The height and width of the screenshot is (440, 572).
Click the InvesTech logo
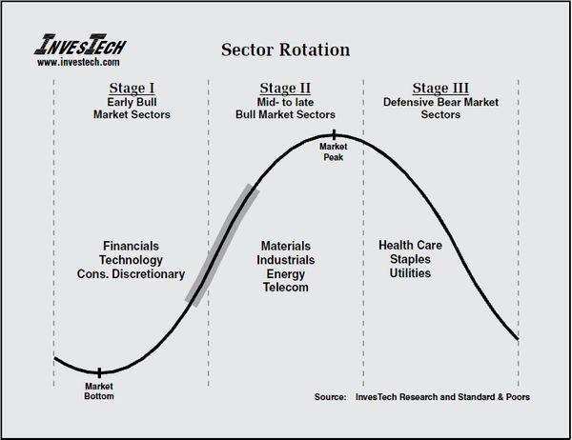pyautogui.click(x=80, y=45)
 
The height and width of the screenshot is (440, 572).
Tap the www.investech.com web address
pyautogui.click(x=78, y=62)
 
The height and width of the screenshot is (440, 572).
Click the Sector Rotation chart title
pyautogui.click(x=286, y=50)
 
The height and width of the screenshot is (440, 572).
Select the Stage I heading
pyautogui.click(x=132, y=89)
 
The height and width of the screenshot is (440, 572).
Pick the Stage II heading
pyautogui.click(x=285, y=89)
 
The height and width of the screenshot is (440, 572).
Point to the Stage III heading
pyautogui.click(x=440, y=89)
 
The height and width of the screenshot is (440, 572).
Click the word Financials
pyautogui.click(x=131, y=246)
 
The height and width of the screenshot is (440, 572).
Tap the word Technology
pyautogui.click(x=131, y=260)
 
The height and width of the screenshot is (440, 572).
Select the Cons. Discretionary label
pyautogui.click(x=131, y=274)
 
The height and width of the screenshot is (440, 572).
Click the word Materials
pyautogui.click(x=286, y=246)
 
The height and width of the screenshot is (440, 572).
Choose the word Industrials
pyautogui.click(x=286, y=260)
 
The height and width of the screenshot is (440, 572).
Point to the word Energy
pyautogui.click(x=286, y=274)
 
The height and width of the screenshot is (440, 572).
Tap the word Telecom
pyautogui.click(x=286, y=288)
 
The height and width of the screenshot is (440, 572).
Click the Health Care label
pyautogui.click(x=410, y=246)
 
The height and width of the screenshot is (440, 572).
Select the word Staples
pyautogui.click(x=410, y=260)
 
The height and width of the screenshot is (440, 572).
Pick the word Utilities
pyautogui.click(x=410, y=273)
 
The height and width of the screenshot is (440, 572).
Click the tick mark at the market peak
pyautogui.click(x=334, y=135)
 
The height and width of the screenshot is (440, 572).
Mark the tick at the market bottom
pyautogui.click(x=99, y=372)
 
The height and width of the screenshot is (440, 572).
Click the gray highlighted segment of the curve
pyautogui.click(x=222, y=245)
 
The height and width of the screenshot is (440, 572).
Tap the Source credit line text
pyautogui.click(x=422, y=397)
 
